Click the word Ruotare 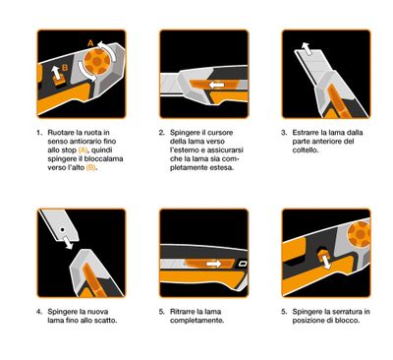pyautogui.click(x=64, y=132)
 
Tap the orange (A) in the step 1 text pyautogui.click(x=83, y=151)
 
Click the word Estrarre pyautogui.click(x=310, y=132)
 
